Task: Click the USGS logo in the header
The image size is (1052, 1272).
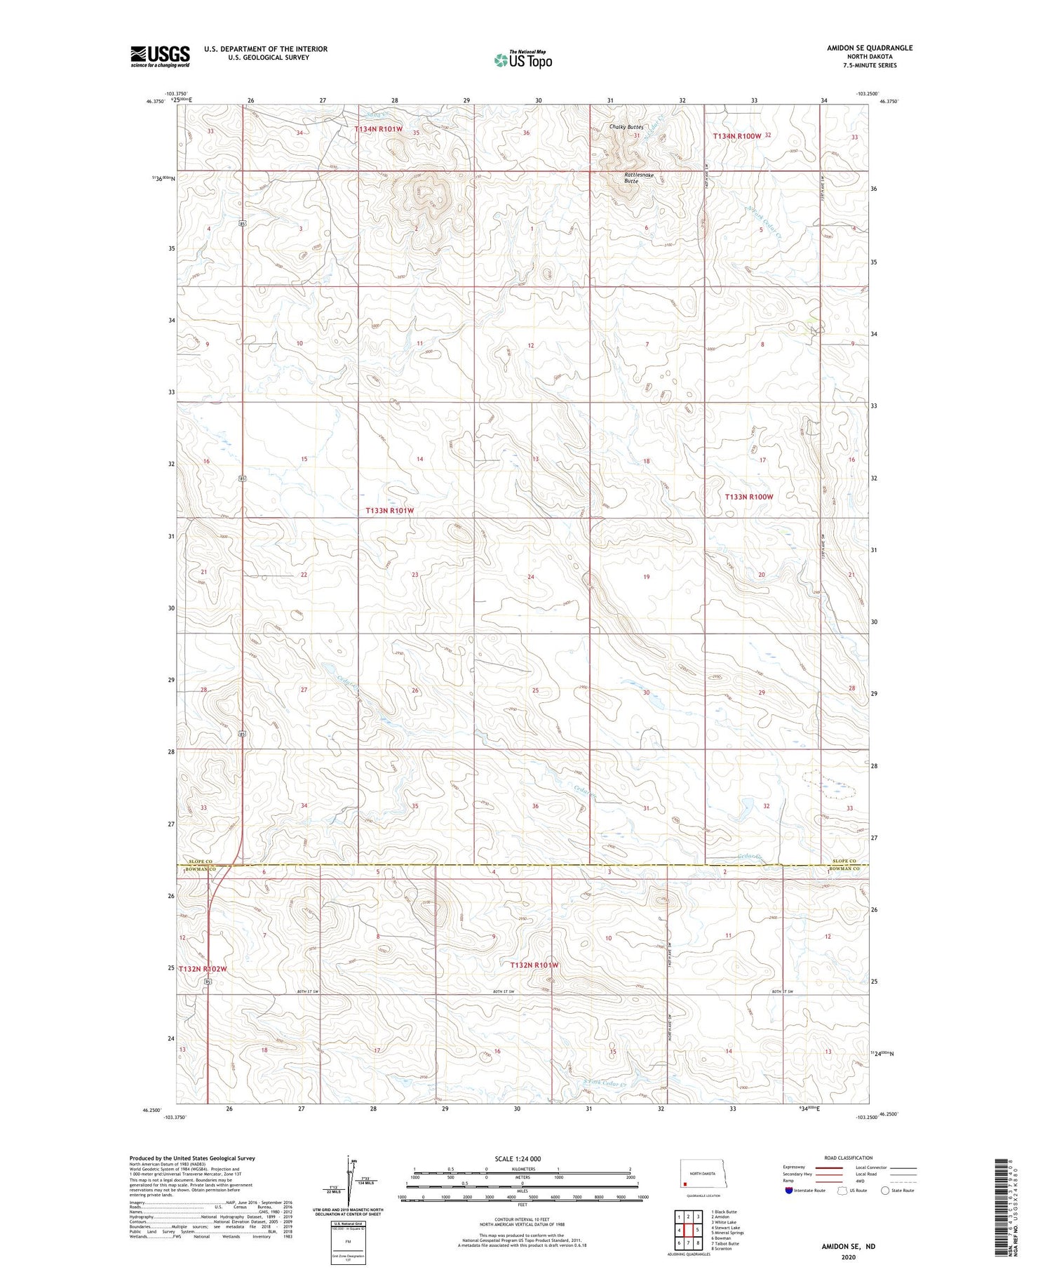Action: [x=160, y=56]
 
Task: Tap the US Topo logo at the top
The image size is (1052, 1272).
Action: [x=522, y=60]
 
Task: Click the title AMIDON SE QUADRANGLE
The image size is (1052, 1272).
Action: [x=870, y=48]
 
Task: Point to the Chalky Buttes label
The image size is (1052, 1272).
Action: [x=626, y=127]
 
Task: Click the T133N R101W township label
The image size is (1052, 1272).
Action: [x=389, y=511]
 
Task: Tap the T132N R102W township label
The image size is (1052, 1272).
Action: [x=203, y=968]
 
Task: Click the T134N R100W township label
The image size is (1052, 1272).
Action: [x=737, y=135]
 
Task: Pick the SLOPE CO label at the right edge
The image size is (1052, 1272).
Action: [x=844, y=861]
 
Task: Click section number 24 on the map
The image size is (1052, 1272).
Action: [x=531, y=577]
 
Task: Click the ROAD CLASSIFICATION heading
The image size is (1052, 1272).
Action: [x=849, y=1158]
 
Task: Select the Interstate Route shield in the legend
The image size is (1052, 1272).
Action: [x=789, y=1191]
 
